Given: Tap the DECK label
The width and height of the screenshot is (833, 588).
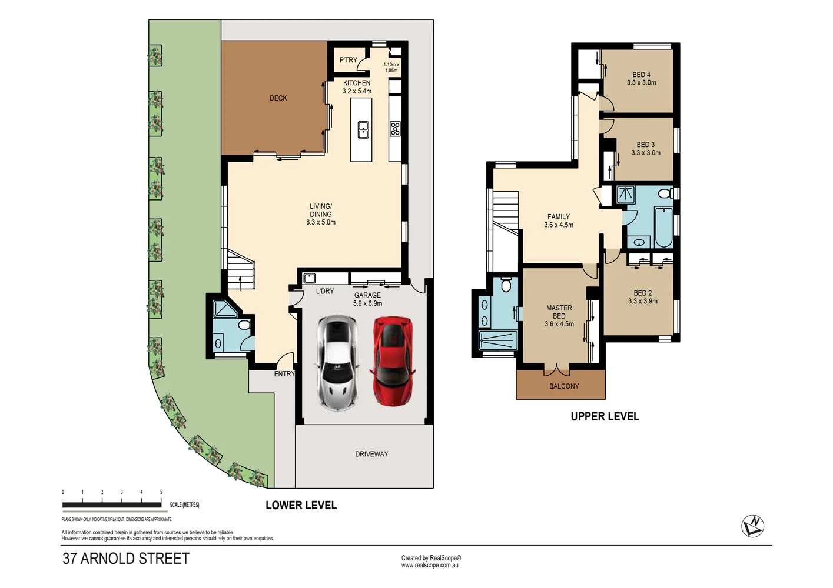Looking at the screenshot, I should pos(278,98).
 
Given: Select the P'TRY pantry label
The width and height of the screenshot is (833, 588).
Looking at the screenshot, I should pos(348,60).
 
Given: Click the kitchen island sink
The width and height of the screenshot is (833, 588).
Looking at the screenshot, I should pos(363,129).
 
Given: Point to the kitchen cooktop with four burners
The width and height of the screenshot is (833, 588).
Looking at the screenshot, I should pos(395,129).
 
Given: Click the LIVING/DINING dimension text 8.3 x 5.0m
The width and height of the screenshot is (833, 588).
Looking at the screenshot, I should pos(321,222).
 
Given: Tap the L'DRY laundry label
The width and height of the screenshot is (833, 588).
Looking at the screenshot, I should pos(325,291).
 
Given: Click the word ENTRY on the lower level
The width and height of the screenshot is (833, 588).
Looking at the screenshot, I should pos(284,374).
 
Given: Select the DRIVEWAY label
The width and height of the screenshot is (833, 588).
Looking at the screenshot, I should pos(371,454).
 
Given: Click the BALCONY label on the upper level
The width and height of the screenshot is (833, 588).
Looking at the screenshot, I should pos(564,386).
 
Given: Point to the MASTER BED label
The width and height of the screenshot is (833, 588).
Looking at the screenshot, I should pos(559,312).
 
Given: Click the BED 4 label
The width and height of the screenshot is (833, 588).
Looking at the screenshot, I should pos(641,75).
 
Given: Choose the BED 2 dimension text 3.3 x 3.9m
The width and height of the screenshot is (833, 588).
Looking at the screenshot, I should pos(643,301).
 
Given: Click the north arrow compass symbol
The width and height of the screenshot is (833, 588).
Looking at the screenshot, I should pos(752,526).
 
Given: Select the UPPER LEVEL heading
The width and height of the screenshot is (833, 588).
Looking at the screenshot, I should pos(605,416).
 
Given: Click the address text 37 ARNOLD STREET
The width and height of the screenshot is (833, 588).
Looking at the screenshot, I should pos(126,559).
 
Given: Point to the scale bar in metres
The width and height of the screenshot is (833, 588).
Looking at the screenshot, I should pos(112,504).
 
